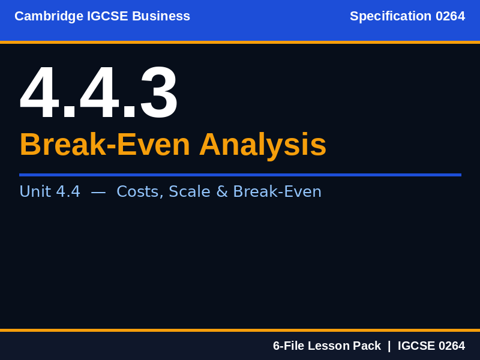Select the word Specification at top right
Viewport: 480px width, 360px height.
[391, 16]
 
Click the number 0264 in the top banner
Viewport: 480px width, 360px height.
[450, 16]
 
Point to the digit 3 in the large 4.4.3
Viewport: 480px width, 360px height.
[158, 94]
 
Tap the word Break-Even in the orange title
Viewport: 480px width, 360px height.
[105, 145]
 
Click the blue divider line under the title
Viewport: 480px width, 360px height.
[240, 175]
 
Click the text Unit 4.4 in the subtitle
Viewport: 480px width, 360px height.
[50, 191]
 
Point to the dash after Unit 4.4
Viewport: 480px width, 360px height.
[98, 192]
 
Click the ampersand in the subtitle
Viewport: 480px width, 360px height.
[222, 191]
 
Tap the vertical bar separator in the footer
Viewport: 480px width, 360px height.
[389, 346]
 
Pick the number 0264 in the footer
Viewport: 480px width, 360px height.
[451, 346]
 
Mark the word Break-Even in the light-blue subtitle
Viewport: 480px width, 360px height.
[277, 191]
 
